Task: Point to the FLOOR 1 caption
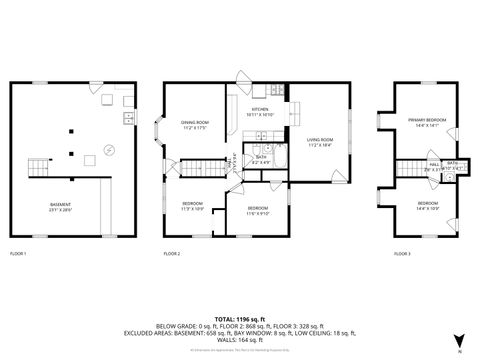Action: click(x=18, y=254)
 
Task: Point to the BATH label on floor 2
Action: click(x=260, y=157)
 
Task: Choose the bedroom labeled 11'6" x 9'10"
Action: click(x=259, y=210)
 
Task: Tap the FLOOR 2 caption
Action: click(x=172, y=254)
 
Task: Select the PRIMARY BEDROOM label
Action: click(x=428, y=122)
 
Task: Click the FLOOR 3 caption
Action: click(x=401, y=254)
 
